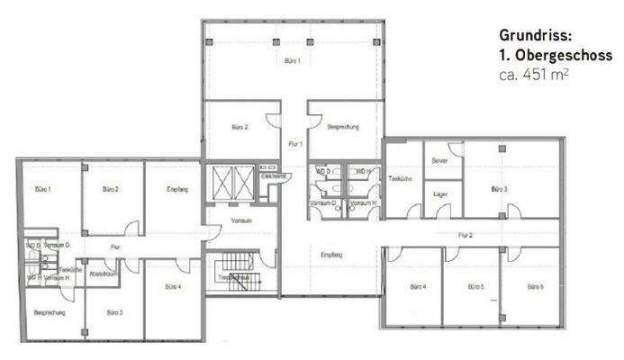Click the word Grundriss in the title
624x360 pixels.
click(532, 36)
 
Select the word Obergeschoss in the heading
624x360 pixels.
click(565, 55)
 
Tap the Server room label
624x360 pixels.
click(439, 160)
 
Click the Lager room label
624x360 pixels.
click(440, 193)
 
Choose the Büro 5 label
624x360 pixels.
click(476, 287)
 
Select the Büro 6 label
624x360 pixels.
click(534, 287)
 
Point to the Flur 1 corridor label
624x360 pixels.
click(294, 144)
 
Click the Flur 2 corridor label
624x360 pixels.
click(465, 234)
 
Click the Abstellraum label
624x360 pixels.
click(104, 274)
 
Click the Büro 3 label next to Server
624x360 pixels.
click(500, 189)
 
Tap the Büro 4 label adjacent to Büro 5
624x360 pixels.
click(417, 287)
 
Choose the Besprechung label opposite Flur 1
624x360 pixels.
click(342, 128)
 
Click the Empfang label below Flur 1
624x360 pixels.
click(331, 256)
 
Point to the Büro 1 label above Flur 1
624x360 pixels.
click(292, 61)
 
